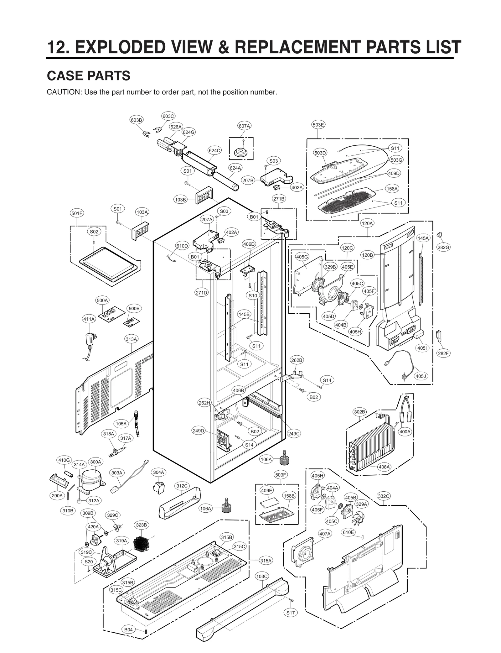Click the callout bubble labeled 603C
tap(168, 116)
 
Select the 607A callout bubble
tap(244, 126)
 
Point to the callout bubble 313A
tap(132, 339)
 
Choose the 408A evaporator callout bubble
tap(384, 476)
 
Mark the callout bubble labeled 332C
tap(384, 496)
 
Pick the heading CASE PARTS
tap(88, 76)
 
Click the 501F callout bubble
tap(77, 213)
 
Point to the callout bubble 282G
tap(443, 247)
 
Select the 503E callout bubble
tap(318, 125)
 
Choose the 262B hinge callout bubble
tap(297, 360)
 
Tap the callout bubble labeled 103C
tap(262, 576)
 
